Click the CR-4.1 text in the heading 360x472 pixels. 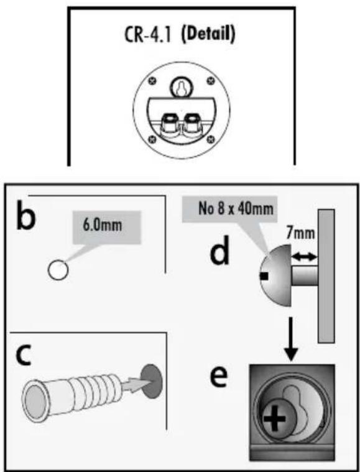click(x=148, y=35)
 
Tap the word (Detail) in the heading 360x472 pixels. click(x=208, y=35)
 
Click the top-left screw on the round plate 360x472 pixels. click(x=153, y=80)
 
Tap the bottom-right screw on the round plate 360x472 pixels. click(x=210, y=139)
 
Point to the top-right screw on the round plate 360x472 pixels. click(x=210, y=80)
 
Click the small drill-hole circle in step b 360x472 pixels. click(x=58, y=270)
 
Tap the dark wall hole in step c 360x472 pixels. click(x=152, y=381)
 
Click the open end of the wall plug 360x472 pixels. click(x=34, y=400)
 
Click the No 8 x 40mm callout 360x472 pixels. click(x=229, y=209)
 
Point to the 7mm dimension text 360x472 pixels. click(x=300, y=234)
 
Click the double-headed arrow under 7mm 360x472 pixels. click(x=305, y=257)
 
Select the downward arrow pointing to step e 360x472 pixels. click(x=291, y=339)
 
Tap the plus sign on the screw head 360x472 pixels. click(x=274, y=418)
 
